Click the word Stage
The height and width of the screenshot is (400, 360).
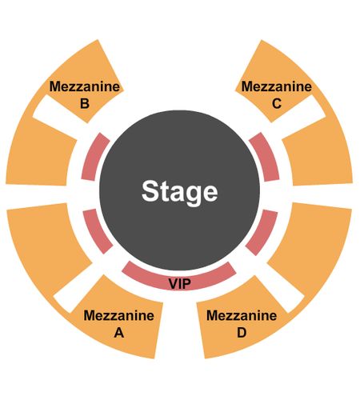(179, 192)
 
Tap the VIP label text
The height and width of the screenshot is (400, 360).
(180, 284)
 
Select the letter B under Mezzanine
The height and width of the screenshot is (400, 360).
(85, 103)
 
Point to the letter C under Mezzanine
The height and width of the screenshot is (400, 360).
(277, 103)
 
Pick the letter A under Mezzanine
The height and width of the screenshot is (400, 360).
(119, 333)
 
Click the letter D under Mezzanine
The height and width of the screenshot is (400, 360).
(242, 333)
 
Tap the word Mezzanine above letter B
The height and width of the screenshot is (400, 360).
(85, 86)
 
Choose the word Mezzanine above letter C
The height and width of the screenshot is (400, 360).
(277, 86)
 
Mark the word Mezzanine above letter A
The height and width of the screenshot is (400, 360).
(119, 316)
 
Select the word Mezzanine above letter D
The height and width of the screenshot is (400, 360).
(242, 316)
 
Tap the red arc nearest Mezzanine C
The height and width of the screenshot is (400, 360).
(266, 158)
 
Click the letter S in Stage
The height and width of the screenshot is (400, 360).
(151, 191)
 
